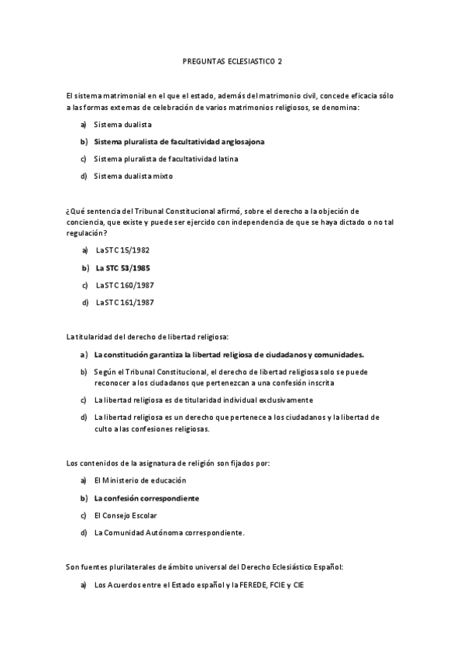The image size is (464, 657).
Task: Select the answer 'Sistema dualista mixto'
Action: pyautogui.click(x=132, y=176)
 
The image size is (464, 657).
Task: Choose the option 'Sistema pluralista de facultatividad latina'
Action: pyautogui.click(x=166, y=159)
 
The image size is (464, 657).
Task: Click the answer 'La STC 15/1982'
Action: pyautogui.click(x=122, y=250)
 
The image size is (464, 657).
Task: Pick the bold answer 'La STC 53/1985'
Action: pyautogui.click(x=122, y=268)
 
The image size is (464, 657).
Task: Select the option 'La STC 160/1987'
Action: pyautogui.click(x=125, y=285)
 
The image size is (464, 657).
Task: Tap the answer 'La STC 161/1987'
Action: pyautogui.click(x=125, y=302)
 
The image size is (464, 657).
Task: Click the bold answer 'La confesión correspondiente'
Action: pyautogui.click(x=146, y=498)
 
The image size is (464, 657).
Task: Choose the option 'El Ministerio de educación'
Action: pyautogui.click(x=139, y=480)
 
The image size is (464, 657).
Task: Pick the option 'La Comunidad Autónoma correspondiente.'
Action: pyautogui.click(x=169, y=532)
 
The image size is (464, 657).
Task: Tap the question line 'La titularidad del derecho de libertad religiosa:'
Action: pyautogui.click(x=148, y=336)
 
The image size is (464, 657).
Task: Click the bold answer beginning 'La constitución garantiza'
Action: pyautogui.click(x=229, y=354)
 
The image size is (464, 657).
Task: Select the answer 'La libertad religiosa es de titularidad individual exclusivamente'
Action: pyautogui.click(x=203, y=400)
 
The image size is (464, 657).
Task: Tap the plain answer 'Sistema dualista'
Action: pyautogui.click(x=122, y=124)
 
